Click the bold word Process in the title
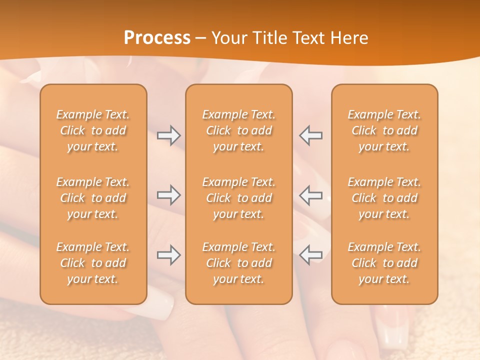[x=157, y=38]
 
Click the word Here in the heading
[x=349, y=38]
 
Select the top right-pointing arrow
[x=169, y=135]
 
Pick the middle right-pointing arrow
[x=169, y=195]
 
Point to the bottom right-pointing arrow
[x=169, y=255]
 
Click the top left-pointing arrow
[x=311, y=135]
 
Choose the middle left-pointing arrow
[x=311, y=195]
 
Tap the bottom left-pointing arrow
[x=311, y=255]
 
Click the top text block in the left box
[x=93, y=130]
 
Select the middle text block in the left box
[x=93, y=198]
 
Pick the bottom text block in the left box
[x=93, y=263]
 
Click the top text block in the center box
[x=239, y=130]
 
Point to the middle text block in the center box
[x=239, y=198]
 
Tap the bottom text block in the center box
[x=239, y=263]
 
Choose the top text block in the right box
[x=384, y=130]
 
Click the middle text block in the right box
[x=384, y=198]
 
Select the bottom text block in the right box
[x=384, y=263]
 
